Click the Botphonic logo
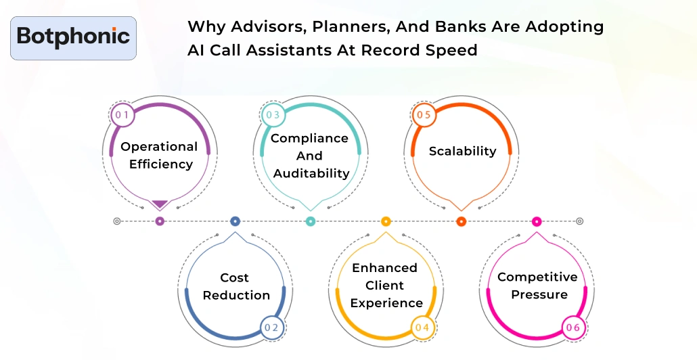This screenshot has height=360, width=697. pyautogui.click(x=74, y=37)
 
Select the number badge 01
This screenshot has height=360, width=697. pyautogui.click(x=122, y=115)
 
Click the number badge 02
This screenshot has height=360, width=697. pyautogui.click(x=272, y=328)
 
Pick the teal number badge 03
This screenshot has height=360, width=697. pyautogui.click(x=273, y=115)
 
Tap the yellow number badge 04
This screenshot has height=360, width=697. pyautogui.click(x=422, y=328)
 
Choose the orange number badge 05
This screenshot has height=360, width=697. pyautogui.click(x=424, y=115)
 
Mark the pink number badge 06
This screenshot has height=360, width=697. pyautogui.click(x=573, y=328)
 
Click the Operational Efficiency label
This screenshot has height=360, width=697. pyautogui.click(x=160, y=155)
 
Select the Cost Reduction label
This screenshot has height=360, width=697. pyautogui.click(x=236, y=286)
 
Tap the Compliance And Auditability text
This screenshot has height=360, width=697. pyautogui.click(x=311, y=156)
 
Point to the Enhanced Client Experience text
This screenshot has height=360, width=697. pyautogui.click(x=386, y=286)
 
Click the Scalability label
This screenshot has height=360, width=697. pyautogui.click(x=462, y=151)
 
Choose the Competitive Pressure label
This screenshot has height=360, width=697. pyautogui.click(x=537, y=286)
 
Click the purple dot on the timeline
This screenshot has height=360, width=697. pyautogui.click(x=160, y=221)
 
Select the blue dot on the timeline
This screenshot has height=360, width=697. pyautogui.click(x=235, y=221)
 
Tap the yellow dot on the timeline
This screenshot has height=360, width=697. pyautogui.click(x=386, y=221)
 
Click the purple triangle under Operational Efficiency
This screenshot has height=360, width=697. pyautogui.click(x=160, y=204)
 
